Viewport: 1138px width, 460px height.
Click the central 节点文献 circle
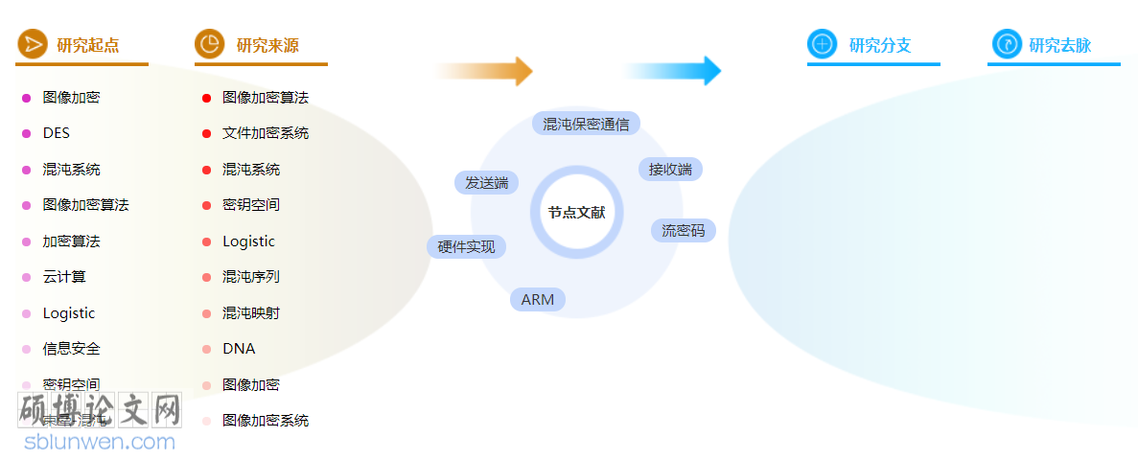tap(576, 213)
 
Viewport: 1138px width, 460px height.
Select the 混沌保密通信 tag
tap(586, 124)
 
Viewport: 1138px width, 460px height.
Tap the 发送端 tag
tap(486, 182)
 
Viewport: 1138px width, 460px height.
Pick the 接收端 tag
tap(670, 170)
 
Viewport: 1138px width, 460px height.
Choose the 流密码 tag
tap(683, 230)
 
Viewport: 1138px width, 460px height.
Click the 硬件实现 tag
tap(466, 246)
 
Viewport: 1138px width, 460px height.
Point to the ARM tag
tap(538, 300)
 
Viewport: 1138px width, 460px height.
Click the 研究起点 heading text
tap(88, 45)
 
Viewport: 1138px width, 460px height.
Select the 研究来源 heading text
tap(267, 45)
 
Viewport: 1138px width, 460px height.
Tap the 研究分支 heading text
tap(880, 45)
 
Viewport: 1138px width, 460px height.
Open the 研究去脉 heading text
tap(1059, 45)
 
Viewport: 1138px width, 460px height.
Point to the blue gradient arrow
tap(673, 71)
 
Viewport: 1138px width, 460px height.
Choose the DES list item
tap(57, 133)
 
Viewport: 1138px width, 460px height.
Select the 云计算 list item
tap(64, 277)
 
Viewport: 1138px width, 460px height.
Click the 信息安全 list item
tap(71, 349)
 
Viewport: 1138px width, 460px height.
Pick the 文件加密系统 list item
tap(266, 133)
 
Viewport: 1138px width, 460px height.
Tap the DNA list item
tap(239, 349)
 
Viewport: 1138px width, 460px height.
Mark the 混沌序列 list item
tap(251, 277)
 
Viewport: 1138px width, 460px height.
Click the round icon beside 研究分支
tap(822, 44)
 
